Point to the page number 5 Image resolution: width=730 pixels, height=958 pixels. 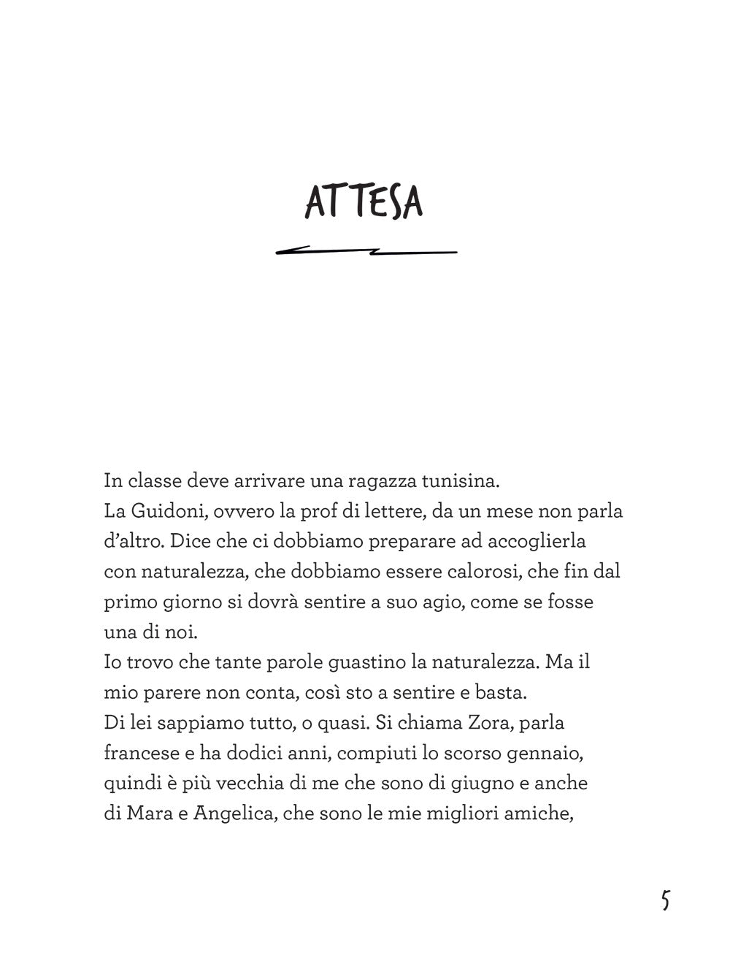(x=664, y=900)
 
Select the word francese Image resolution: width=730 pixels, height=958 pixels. (x=138, y=754)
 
